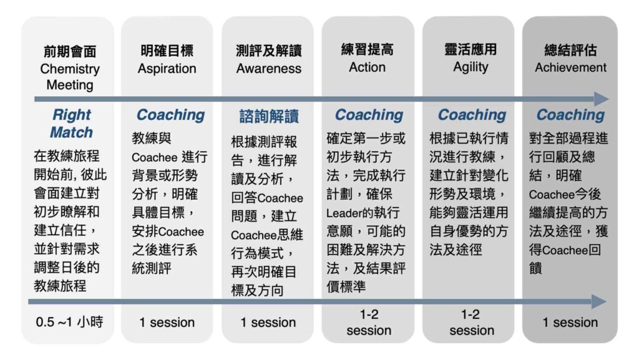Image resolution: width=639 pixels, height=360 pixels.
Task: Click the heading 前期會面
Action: (x=70, y=52)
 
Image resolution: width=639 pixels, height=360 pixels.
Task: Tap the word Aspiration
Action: (x=167, y=69)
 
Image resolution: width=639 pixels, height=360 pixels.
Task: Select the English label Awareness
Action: (x=268, y=69)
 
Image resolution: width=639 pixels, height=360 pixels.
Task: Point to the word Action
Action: (x=367, y=67)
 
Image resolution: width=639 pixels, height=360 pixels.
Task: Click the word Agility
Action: (x=471, y=67)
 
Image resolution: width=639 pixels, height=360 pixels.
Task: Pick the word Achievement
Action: (x=570, y=67)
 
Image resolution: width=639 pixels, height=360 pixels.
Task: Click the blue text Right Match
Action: (x=71, y=124)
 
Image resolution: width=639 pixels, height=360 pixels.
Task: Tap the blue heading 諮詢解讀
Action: (x=269, y=116)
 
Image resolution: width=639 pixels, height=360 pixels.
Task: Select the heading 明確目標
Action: (x=167, y=51)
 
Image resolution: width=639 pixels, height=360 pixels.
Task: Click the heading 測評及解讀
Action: (x=268, y=51)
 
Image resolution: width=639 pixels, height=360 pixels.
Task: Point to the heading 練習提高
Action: (x=367, y=50)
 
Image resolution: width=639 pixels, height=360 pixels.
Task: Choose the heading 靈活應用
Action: (x=471, y=50)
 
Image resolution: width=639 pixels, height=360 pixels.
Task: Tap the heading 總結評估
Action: (x=570, y=51)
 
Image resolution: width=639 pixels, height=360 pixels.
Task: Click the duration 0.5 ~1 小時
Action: (x=69, y=322)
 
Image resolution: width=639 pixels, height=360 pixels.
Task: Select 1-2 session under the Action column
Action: (x=369, y=322)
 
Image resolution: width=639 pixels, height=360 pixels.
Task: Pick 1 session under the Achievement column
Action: (x=570, y=323)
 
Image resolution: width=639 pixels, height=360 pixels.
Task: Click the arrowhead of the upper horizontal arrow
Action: (x=602, y=99)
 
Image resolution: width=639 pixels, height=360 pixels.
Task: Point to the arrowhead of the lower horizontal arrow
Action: (x=599, y=302)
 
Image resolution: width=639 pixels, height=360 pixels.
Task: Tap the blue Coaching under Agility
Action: (x=472, y=115)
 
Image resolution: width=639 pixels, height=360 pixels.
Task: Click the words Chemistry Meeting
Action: (x=70, y=77)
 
